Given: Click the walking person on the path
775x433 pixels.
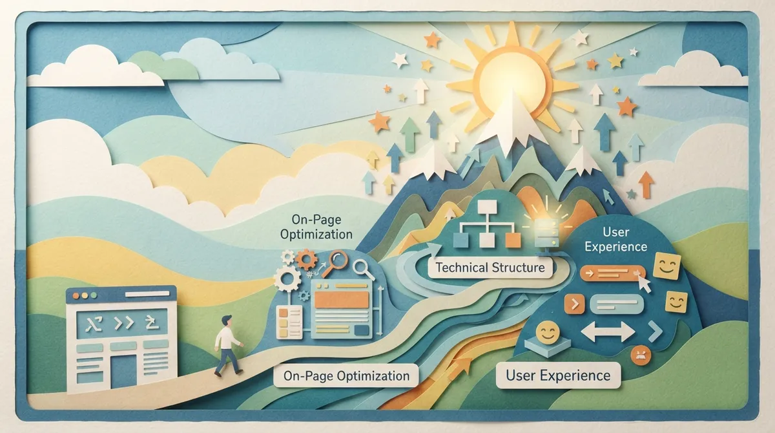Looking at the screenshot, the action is pos(228,346).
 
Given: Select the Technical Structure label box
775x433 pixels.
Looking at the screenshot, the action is pos(490,268).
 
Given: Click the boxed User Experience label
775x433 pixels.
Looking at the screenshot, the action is pos(558,375).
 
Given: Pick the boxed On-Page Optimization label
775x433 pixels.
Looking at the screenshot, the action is pos(346,376).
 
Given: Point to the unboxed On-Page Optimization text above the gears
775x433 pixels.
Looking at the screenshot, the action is pos(316,227).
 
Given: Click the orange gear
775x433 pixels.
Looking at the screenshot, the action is pos(306,260).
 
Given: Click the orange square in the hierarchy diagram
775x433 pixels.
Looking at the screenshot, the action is pos(513,240).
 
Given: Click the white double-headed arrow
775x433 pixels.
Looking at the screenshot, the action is pos(608,332).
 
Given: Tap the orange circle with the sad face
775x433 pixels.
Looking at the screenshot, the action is pos(641,355).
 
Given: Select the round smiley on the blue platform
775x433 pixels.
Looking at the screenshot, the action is pos(548,332).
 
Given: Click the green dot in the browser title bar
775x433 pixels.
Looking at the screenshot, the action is pos(94,296).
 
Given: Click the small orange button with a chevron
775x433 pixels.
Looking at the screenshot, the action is pos(574,304).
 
